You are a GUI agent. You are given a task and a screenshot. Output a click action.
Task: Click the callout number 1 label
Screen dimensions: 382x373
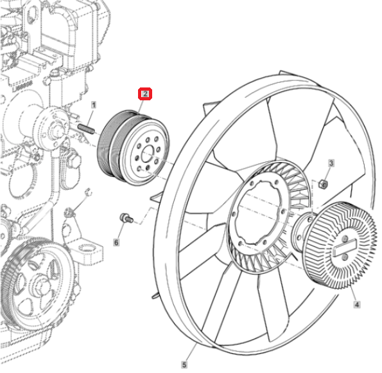[94, 105]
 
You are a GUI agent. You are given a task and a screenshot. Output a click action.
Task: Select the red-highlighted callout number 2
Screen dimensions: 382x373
[145, 94]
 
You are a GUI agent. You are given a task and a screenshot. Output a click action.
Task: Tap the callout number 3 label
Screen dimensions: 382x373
[331, 163]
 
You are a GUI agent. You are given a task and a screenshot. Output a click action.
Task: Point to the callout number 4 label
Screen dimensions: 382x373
[357, 304]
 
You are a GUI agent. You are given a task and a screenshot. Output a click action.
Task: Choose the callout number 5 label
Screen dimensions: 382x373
[184, 365]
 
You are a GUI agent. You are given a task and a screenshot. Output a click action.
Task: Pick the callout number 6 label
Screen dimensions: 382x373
[116, 242]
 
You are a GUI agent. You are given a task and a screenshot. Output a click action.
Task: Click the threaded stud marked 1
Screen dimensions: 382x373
[86, 129]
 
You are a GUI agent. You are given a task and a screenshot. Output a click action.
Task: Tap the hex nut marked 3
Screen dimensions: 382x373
[323, 184]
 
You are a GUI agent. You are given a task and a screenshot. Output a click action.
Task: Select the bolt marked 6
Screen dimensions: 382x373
[126, 218]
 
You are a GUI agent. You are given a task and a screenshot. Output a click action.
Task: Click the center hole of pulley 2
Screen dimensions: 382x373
[148, 153]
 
